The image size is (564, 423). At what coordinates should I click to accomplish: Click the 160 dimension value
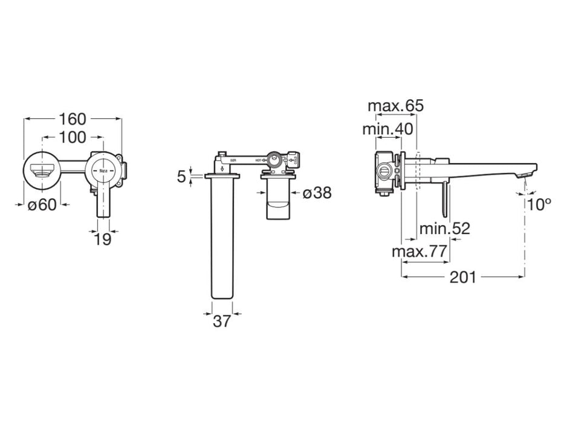pos(73,118)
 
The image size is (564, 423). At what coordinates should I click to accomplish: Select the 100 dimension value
pos(73,137)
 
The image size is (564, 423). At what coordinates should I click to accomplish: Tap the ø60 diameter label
pos(42,204)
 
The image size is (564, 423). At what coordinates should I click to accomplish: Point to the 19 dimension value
pos(103,239)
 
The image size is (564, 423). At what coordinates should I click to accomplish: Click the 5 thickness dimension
pos(181,176)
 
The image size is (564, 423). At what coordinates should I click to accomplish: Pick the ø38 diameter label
pos(316,193)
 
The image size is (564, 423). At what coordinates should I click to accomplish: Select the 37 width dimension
pos(222,321)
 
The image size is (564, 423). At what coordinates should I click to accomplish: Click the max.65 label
pos(396,106)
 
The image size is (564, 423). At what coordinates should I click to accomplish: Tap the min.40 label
pos(387,129)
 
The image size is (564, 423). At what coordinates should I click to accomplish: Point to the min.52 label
pos(445,228)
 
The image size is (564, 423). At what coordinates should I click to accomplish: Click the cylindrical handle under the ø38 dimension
pos(277,202)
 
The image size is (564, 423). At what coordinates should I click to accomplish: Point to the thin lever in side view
pos(446,199)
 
